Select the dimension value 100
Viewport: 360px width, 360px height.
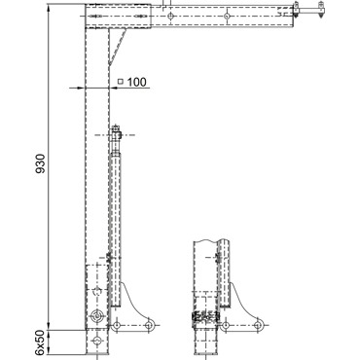(136, 82)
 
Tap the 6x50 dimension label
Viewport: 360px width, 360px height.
(40, 342)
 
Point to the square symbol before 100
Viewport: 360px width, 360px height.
(121, 82)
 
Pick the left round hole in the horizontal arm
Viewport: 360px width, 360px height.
(170, 16)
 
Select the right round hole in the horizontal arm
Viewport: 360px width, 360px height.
(227, 16)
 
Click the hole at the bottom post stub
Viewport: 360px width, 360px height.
(96, 341)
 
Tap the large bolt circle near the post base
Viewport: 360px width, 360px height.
(96, 315)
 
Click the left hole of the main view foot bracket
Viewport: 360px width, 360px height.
(117, 325)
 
